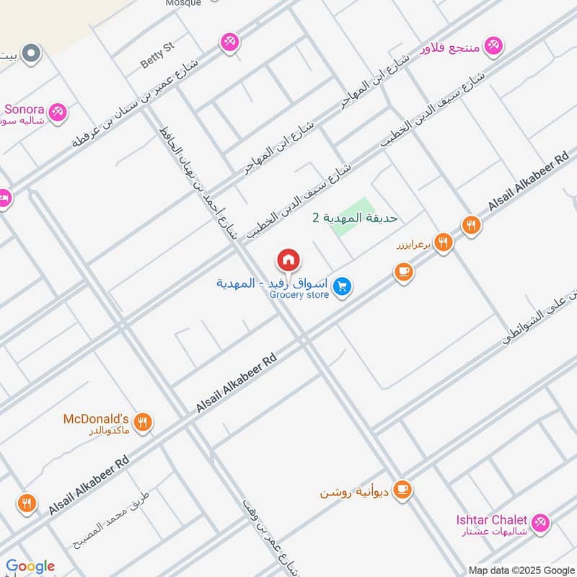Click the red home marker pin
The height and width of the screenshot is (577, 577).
point(288,260)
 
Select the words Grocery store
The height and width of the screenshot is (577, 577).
point(299,294)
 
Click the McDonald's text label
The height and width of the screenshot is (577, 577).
point(96,419)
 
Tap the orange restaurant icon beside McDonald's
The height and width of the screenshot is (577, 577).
point(143,423)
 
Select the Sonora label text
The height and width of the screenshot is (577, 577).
point(24,110)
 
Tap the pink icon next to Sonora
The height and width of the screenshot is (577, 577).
point(58,113)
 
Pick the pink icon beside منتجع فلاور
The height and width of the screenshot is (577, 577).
point(493,46)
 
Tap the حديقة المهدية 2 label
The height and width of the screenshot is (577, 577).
point(355,217)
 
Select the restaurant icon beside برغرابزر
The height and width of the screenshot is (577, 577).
point(444,243)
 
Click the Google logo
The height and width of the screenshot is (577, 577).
point(30,566)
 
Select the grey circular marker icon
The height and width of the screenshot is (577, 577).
point(31,53)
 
